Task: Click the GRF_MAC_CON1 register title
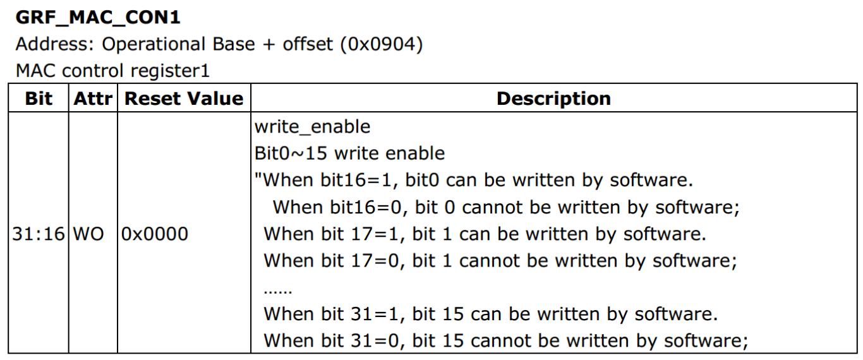98,17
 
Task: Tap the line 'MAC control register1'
112,71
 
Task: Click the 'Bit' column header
39,99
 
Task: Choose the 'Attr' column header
92,99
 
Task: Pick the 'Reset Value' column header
184,99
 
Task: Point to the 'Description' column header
553,99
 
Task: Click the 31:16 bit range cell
39,234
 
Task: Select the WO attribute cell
88,234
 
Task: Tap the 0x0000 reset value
155,234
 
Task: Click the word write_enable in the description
312,127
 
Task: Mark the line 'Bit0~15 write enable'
349,153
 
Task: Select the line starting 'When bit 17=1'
485,234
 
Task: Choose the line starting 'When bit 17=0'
500,261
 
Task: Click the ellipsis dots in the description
277,291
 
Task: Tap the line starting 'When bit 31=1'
490,315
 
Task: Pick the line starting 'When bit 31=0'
505,341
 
